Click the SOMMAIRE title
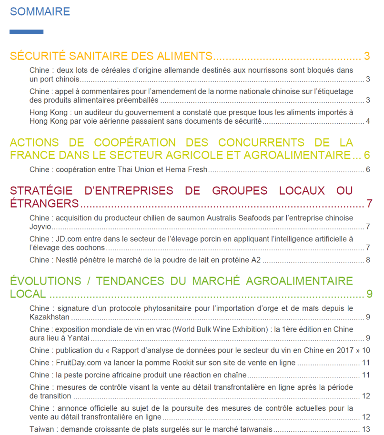coord(40,11)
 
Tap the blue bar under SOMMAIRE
coord(27,32)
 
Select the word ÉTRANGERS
coord(44,204)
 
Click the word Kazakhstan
coord(50,317)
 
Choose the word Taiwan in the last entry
coord(41,429)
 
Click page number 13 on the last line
coord(366,429)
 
